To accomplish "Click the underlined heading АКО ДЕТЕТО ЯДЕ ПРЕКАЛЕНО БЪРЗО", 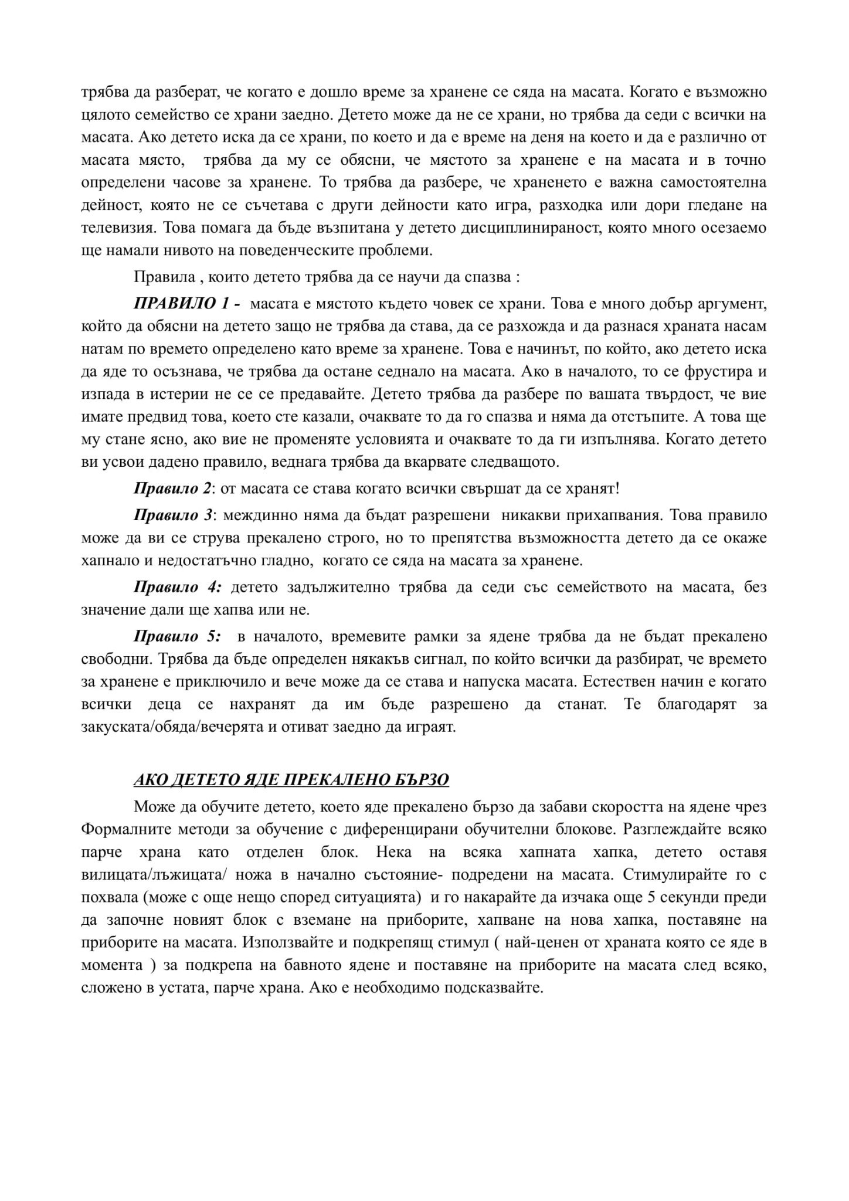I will point(291,779).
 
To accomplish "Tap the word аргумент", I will point(733,304).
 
